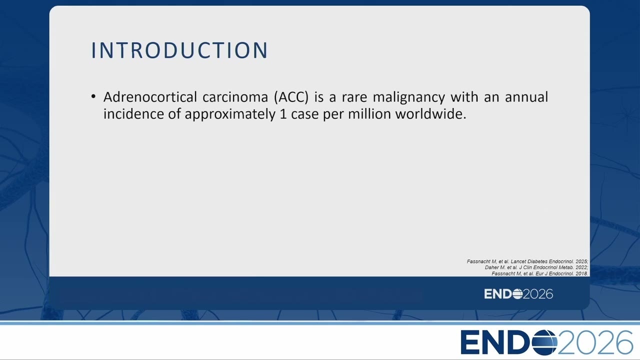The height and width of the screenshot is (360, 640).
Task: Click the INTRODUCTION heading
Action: tap(179, 50)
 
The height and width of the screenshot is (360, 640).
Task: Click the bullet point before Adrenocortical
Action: tap(93, 96)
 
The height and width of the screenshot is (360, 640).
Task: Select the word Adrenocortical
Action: tap(150, 97)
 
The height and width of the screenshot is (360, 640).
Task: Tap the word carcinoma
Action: tap(235, 97)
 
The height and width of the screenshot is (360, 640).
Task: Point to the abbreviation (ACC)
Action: tap(291, 97)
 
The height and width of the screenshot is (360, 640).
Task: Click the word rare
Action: tap(354, 97)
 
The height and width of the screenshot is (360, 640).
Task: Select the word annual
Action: tap(526, 97)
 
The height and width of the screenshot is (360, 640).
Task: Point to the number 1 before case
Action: tap(283, 114)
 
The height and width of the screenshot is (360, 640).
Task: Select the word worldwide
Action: tap(431, 114)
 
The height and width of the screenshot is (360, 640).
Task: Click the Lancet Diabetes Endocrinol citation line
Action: tap(527, 261)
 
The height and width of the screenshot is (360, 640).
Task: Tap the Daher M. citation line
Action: tap(536, 267)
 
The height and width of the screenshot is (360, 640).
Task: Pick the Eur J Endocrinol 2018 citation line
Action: tap(539, 273)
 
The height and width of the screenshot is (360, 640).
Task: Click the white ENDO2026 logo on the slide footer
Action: tap(518, 294)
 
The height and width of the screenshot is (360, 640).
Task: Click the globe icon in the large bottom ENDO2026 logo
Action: tap(544, 342)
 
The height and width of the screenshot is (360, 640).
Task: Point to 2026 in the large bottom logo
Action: tap(595, 342)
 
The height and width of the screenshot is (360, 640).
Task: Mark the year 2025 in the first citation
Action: tap(581, 261)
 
